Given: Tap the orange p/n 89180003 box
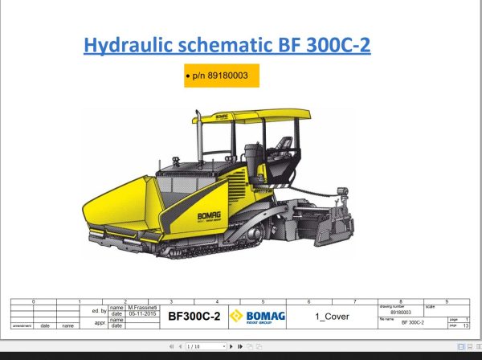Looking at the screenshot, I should coord(222,76).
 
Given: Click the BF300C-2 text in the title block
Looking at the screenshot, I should coord(194,317).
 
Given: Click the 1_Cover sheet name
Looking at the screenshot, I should coord(331,317).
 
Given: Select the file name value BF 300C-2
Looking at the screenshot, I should coord(411,321).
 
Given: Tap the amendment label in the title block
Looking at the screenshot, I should coord(22,325).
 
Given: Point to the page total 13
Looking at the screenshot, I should coord(467,325).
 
